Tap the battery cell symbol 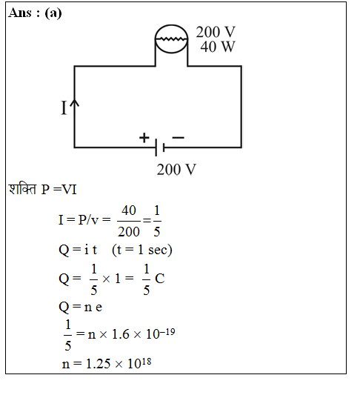click(160, 147)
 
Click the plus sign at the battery click(144, 138)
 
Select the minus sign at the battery click(179, 137)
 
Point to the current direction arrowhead click(74, 103)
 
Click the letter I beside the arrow click(64, 107)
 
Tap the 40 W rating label click(218, 47)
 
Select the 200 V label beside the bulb click(216, 32)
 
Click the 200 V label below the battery click(176, 169)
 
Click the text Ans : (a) click(35, 13)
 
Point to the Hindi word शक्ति click(22, 189)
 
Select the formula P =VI click(59, 190)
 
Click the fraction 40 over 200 click(129, 221)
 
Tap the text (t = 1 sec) click(142, 250)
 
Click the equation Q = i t click(78, 250)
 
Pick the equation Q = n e click(81, 307)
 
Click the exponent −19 click(167, 332)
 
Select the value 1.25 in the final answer click(99, 364)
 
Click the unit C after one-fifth click(160, 279)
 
